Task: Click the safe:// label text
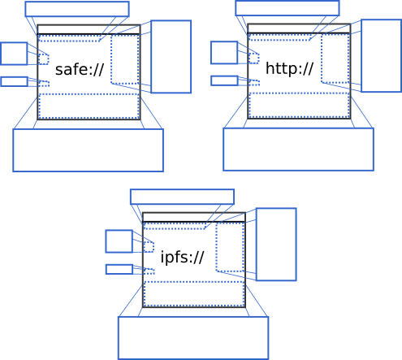click(80, 70)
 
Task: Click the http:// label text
click(289, 68)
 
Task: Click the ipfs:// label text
click(182, 257)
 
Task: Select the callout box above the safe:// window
click(77, 2)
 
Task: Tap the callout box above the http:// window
click(287, 2)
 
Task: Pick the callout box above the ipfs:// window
click(182, 189)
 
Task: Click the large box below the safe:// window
click(89, 129)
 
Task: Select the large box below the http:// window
click(299, 128)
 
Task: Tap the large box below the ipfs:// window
click(193, 317)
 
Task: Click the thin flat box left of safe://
click(14, 77)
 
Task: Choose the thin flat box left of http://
click(224, 76)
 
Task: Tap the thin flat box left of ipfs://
click(119, 265)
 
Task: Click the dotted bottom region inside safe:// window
click(89, 94)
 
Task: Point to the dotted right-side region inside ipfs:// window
click(217, 247)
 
